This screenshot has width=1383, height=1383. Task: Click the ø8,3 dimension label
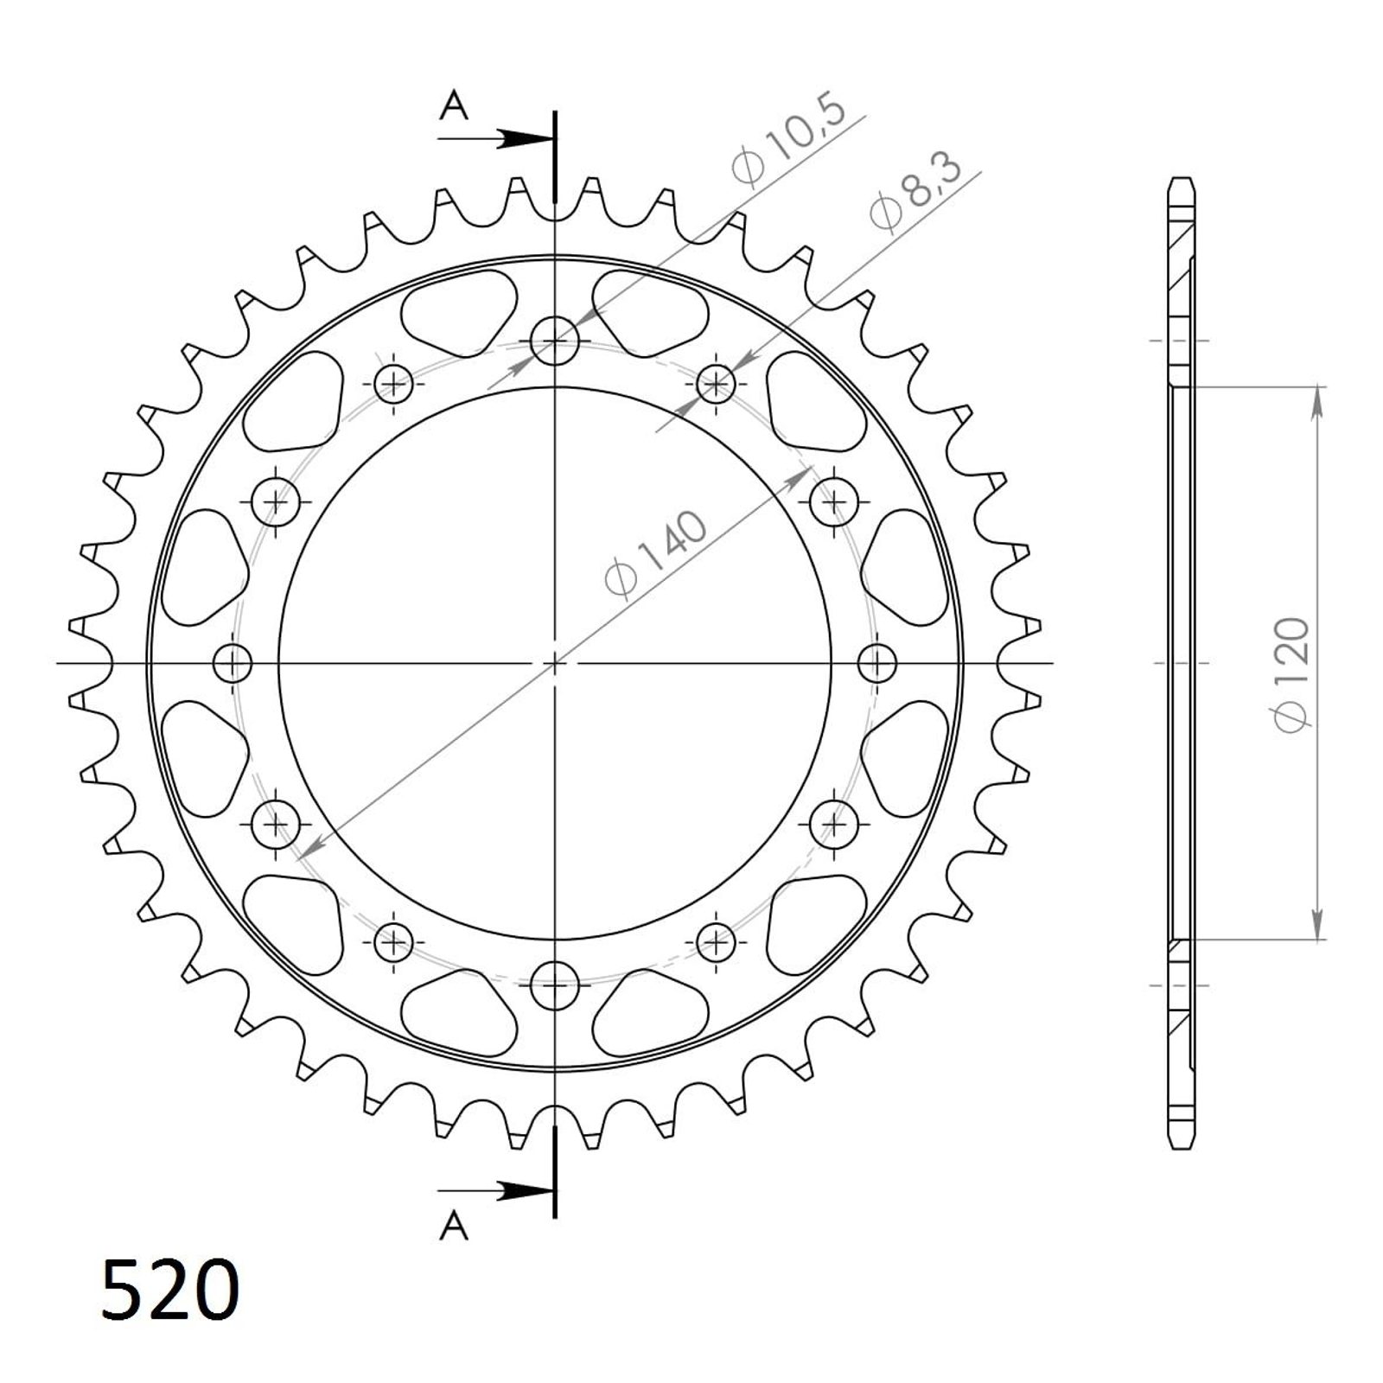click(915, 192)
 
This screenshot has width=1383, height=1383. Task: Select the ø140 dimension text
click(657, 554)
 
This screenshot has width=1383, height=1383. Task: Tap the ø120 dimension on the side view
click(1293, 673)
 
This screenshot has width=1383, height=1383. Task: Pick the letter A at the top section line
click(454, 105)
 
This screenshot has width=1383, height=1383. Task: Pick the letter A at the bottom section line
click(454, 1225)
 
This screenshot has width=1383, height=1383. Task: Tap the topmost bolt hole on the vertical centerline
click(554, 341)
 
